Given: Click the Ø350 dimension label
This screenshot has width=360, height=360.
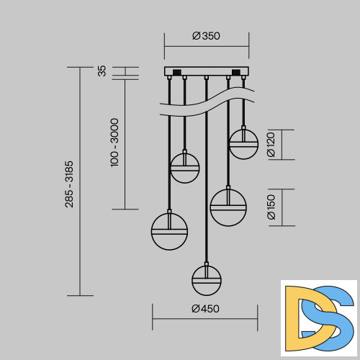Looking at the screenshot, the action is pyautogui.click(x=206, y=36).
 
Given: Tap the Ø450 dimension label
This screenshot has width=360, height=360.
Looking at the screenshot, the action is pyautogui.click(x=205, y=309).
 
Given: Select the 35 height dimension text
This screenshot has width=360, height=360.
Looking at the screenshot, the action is pyautogui.click(x=102, y=71).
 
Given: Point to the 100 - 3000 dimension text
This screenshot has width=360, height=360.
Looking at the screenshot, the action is pyautogui.click(x=114, y=143).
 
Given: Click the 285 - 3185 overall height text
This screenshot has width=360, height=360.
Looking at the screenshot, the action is pyautogui.click(x=69, y=184).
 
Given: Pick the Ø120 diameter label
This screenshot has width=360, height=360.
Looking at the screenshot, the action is pyautogui.click(x=271, y=145).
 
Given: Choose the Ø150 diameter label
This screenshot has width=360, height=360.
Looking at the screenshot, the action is pyautogui.click(x=271, y=207).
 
